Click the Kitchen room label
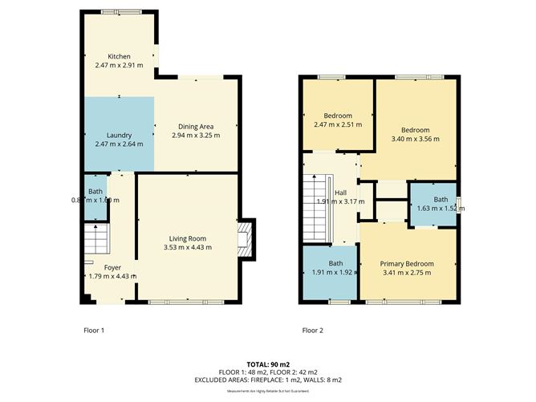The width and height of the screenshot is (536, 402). [x=119, y=55]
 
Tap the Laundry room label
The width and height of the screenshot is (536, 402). [x=119, y=135]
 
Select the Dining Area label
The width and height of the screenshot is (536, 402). [x=195, y=126]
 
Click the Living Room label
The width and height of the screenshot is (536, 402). [x=188, y=238]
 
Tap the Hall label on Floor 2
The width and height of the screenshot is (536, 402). [x=340, y=193]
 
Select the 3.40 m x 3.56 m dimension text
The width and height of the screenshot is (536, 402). [x=415, y=139]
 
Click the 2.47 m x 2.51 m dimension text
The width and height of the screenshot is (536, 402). [x=338, y=124]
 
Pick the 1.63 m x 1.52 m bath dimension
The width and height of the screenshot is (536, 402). [x=441, y=209]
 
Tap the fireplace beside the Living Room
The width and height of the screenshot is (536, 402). [x=246, y=238]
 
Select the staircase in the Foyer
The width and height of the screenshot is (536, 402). [x=95, y=239]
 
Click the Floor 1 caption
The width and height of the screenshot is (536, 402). [x=94, y=330]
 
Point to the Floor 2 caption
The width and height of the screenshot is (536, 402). [x=312, y=330]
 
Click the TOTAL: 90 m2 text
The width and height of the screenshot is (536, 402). [x=268, y=363]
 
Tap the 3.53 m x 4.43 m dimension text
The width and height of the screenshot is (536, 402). [x=188, y=247]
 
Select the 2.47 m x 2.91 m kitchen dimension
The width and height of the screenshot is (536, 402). [x=119, y=65]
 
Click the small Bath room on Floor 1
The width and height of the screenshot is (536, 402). [x=95, y=197]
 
